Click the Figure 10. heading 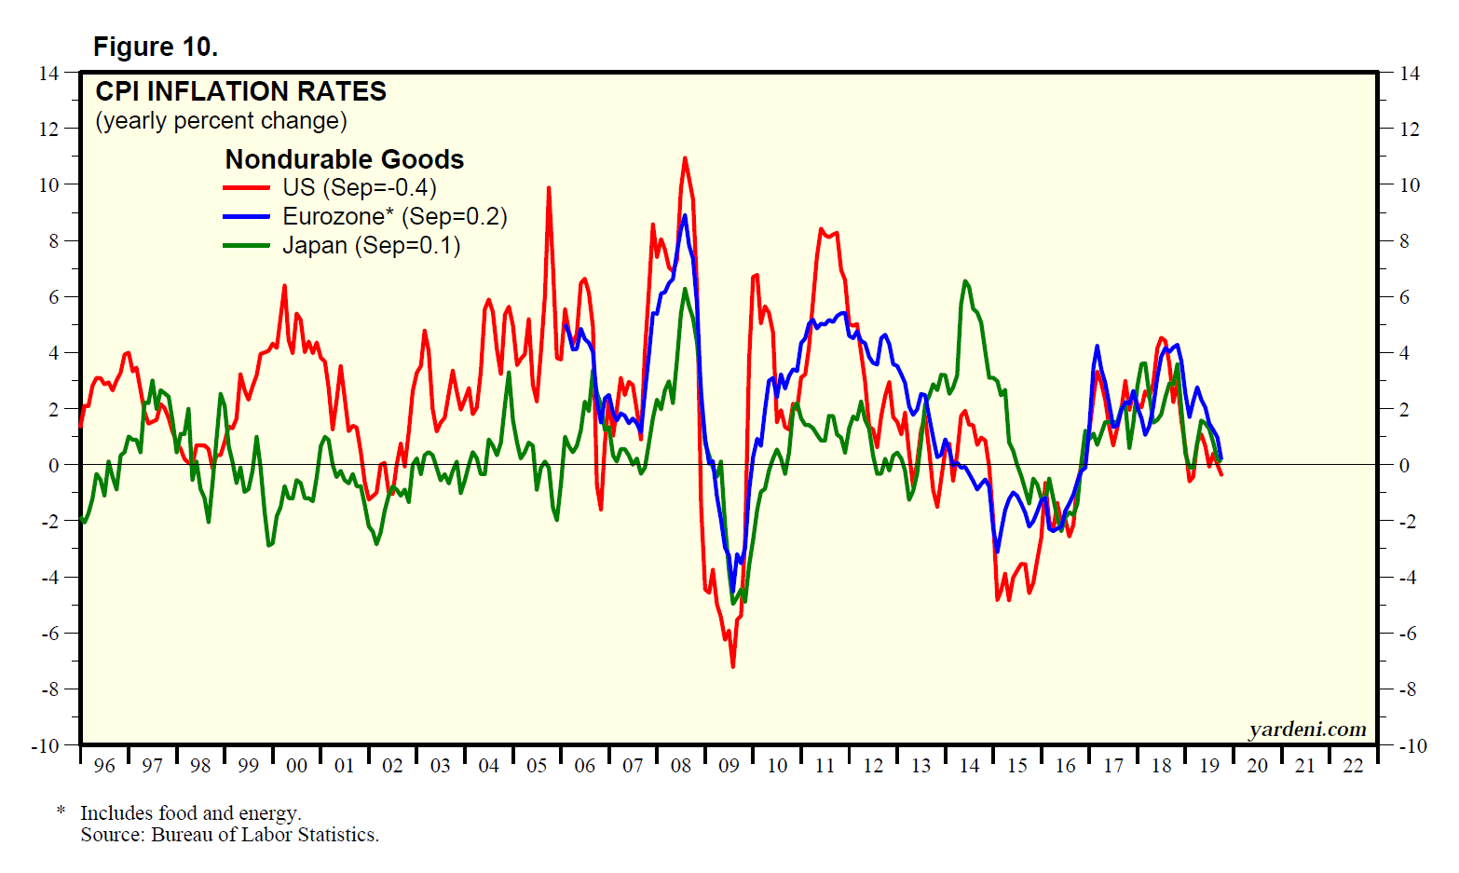156,47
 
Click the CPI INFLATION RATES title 240,91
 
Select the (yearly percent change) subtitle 221,121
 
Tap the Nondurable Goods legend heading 345,159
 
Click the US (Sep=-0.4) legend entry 359,187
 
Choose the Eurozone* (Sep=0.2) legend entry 394,216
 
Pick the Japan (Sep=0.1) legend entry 371,245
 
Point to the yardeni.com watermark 1307,730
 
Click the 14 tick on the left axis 48,73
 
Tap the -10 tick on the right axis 1412,745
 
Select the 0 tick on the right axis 1405,465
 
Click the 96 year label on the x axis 104,766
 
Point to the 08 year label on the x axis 681,766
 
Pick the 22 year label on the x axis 1354,766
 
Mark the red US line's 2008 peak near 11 685,157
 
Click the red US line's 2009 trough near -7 732,666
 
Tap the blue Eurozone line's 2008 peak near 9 685,215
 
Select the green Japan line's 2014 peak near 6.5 964,281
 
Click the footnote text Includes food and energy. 190,813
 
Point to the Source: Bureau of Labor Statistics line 229,835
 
